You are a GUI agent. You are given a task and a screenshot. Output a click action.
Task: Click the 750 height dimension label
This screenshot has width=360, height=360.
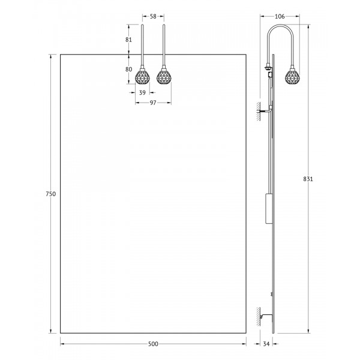point(51,194)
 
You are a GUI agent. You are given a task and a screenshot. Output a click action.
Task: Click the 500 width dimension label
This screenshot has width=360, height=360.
point(153,344)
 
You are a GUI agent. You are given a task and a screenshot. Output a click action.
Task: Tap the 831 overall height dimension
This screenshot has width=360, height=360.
point(308,179)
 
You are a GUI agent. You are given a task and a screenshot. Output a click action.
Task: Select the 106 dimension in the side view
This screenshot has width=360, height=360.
point(280,16)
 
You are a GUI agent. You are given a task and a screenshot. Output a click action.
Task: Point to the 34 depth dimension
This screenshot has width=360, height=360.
point(266,344)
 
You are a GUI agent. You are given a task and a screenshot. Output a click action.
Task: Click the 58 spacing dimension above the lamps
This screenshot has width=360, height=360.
point(153,16)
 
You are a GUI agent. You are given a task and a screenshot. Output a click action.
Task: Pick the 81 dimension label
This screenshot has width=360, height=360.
point(129,40)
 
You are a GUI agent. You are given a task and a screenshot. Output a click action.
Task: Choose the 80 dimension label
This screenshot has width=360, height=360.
point(129,69)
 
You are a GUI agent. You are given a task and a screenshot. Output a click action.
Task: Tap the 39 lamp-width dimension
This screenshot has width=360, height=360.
point(142,92)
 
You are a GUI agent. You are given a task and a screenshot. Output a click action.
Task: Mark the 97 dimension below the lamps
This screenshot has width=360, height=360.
point(153,103)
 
